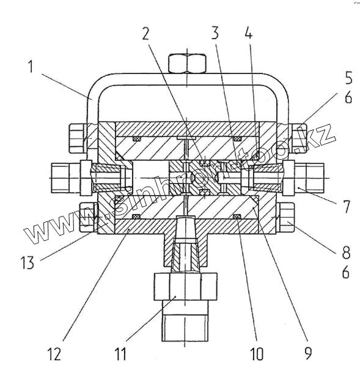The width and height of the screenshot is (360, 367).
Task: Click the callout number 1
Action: click(x=31, y=67)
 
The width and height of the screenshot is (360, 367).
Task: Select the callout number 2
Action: click(x=145, y=33)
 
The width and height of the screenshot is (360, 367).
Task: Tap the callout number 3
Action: click(x=215, y=32)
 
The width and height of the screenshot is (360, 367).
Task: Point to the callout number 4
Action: click(x=249, y=32)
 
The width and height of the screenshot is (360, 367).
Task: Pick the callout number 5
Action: click(x=348, y=77)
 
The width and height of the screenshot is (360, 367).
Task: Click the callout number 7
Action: click(x=347, y=206)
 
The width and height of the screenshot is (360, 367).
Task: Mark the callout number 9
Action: click(x=309, y=353)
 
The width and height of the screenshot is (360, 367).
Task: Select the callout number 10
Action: click(x=257, y=354)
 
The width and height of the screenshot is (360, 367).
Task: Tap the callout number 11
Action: click(x=120, y=354)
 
